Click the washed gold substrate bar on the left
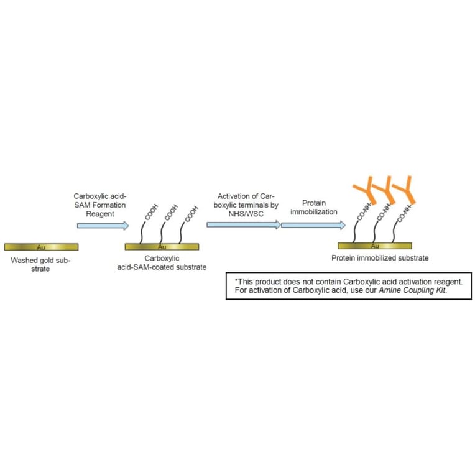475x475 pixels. pos(41,247)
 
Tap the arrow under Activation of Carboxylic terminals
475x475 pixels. pos(243,224)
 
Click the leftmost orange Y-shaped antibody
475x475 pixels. pos(367,190)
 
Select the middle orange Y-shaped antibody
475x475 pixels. pos(387,190)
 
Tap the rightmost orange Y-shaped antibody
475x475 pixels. pos(407,190)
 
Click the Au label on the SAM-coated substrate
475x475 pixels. pos(162,247)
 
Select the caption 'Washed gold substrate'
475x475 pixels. pos(41,265)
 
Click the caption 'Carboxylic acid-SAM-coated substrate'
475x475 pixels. pos(167,262)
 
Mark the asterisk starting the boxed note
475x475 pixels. pos(236,280)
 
